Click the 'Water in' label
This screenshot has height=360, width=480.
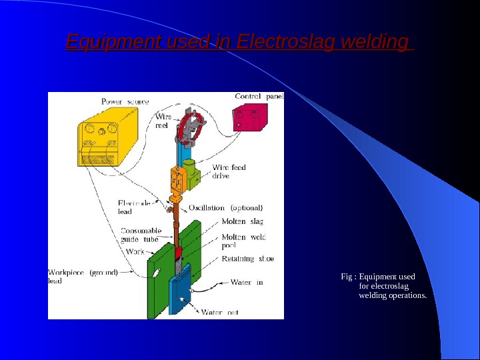point(246,282)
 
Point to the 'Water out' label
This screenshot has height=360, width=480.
point(220,311)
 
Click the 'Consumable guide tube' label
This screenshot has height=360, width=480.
point(141,235)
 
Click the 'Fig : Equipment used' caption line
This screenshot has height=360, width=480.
point(377,277)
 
